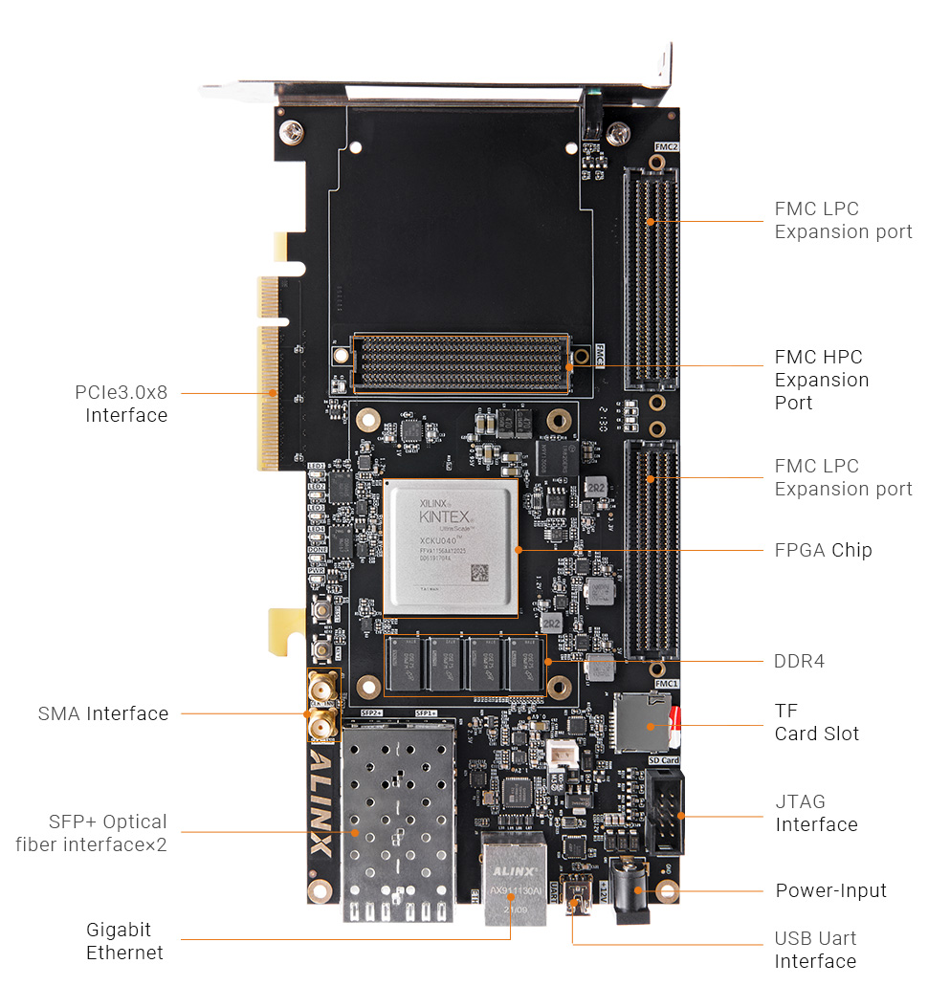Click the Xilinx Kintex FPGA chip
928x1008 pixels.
451,547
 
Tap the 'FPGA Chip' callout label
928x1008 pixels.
822,550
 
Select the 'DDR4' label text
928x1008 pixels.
798,661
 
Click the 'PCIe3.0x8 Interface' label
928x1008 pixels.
122,404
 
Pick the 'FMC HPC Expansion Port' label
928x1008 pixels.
821,380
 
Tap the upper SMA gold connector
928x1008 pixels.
322,689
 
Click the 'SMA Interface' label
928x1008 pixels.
103,713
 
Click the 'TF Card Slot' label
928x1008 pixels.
816,722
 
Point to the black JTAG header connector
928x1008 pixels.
664,814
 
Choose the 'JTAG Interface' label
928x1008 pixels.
815,813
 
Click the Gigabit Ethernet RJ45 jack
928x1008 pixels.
514,880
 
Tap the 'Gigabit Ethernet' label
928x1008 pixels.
123,941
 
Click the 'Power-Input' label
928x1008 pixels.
830,890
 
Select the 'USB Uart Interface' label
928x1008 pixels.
815,950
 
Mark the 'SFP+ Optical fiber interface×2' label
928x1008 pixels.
92,833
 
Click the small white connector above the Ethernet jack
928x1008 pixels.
563,756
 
